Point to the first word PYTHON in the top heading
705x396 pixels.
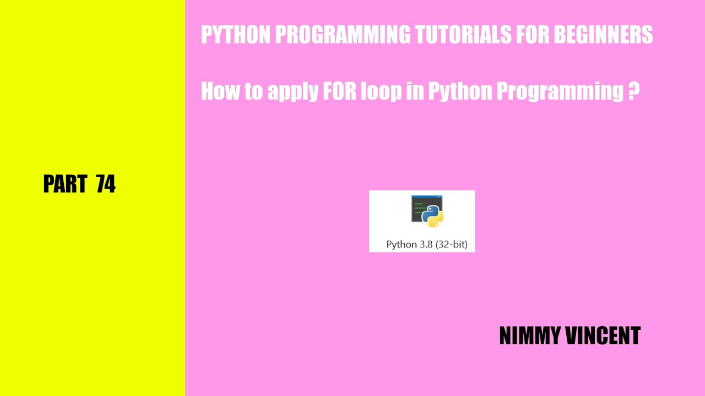coord(235,35)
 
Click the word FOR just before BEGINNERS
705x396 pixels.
coord(533,35)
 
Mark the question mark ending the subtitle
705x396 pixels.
coord(633,91)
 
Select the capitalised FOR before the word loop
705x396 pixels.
coord(339,91)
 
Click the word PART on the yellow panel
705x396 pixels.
coord(66,184)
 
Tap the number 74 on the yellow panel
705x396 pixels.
coord(106,184)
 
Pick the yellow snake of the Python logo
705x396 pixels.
coord(436,221)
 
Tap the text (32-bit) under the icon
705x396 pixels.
coord(451,245)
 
